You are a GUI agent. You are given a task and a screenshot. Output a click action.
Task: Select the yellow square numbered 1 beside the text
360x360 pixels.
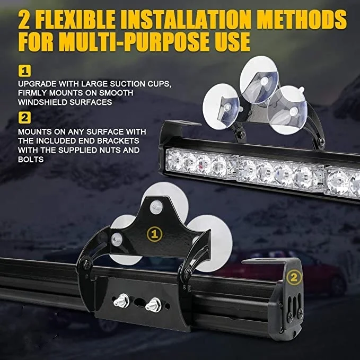tap(24, 71)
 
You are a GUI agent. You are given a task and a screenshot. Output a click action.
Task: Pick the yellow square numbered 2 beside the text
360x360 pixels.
tap(24, 117)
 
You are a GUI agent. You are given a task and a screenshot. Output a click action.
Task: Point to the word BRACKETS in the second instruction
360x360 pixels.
tap(121, 141)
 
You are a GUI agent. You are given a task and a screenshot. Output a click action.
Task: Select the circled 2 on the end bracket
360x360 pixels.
tap(294, 276)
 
